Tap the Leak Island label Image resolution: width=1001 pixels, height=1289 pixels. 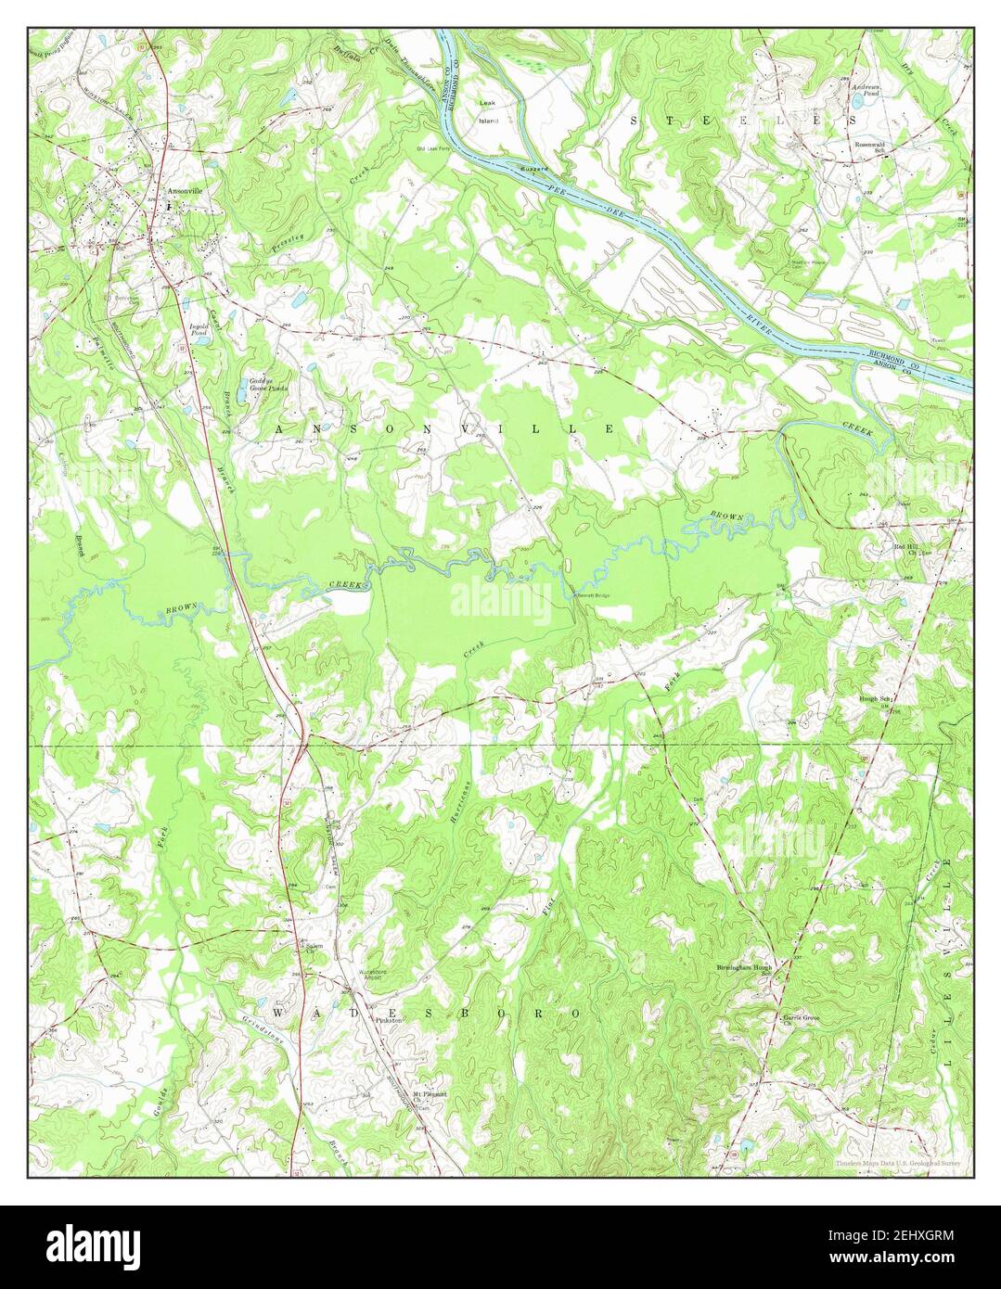[488, 111]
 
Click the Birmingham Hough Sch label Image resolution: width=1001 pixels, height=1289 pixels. [743, 970]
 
